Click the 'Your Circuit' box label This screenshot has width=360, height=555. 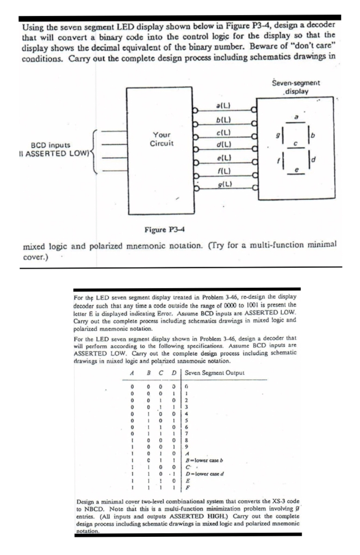tap(162, 139)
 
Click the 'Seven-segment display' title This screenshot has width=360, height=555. tap(296, 87)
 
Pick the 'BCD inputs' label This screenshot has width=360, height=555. tap(51, 145)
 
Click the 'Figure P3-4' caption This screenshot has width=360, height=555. tap(165, 230)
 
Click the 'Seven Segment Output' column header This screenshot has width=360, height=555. tap(214, 373)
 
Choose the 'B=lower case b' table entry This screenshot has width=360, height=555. tap(204, 460)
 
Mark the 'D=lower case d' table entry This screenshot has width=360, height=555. tap(204, 474)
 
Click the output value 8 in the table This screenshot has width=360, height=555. tap(187, 440)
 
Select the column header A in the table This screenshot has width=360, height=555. tap(132, 373)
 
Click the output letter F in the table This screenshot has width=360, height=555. tap(187, 487)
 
